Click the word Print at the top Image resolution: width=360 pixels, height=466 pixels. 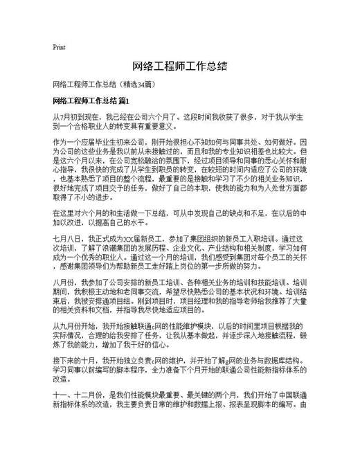coord(59,47)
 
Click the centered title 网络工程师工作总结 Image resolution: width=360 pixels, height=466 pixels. coord(179,67)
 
